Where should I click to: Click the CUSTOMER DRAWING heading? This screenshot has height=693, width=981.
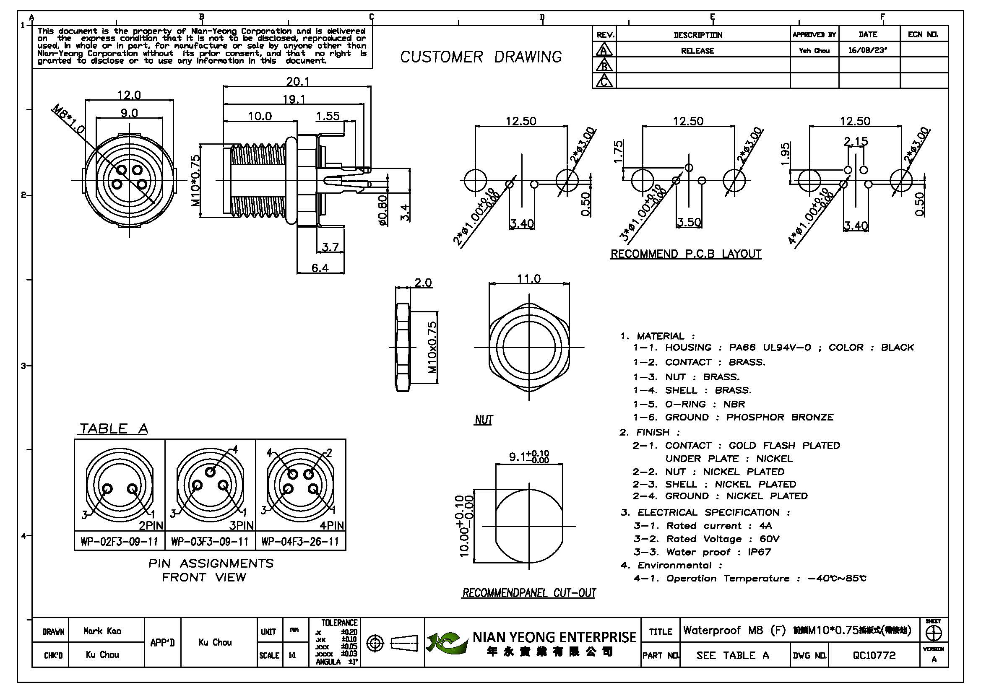click(x=481, y=57)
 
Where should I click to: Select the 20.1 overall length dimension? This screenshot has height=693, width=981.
click(x=297, y=81)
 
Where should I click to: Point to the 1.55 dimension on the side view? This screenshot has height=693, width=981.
click(x=328, y=116)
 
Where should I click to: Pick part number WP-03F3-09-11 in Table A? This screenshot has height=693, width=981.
click(x=209, y=542)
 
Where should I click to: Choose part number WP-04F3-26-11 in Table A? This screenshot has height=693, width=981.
click(x=300, y=542)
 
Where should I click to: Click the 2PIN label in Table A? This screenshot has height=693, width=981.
click(x=151, y=525)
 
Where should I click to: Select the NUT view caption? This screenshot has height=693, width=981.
click(x=484, y=420)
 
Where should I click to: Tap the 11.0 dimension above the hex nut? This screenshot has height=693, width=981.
click(x=528, y=279)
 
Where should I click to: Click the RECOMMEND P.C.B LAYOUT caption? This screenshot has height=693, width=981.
click(x=686, y=254)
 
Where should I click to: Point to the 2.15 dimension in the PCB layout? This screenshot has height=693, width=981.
click(x=856, y=141)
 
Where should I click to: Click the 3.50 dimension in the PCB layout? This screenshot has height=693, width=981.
click(x=689, y=223)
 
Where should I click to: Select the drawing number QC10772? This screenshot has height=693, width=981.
click(x=874, y=655)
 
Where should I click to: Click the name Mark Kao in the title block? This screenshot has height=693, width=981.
click(x=102, y=631)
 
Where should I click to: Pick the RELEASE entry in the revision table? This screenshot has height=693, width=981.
click(x=697, y=51)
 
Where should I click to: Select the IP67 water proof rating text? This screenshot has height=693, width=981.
click(x=759, y=552)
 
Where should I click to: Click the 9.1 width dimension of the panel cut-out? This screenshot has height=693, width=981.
click(x=528, y=457)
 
